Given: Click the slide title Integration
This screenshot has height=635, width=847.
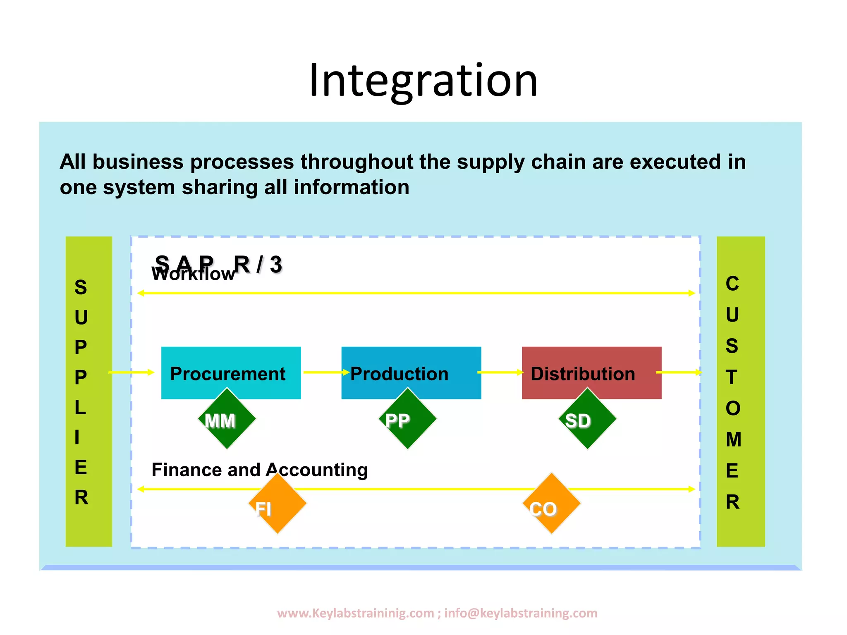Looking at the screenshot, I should (x=423, y=81).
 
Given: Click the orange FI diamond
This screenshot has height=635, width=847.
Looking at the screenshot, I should (x=277, y=506).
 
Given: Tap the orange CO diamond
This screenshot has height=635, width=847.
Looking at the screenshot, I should (x=551, y=506).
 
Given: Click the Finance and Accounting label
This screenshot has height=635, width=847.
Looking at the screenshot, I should (x=260, y=470).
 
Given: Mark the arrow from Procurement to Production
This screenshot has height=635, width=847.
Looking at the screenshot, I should (x=325, y=372).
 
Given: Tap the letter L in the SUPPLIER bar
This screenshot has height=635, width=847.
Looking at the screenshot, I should (x=80, y=408).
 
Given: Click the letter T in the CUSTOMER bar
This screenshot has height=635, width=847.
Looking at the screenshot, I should (x=732, y=377).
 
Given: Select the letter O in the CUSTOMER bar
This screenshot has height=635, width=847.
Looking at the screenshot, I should (x=732, y=408).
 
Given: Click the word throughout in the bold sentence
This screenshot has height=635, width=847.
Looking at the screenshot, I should (x=357, y=162).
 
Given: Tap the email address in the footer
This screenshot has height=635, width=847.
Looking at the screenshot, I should (x=521, y=613).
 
